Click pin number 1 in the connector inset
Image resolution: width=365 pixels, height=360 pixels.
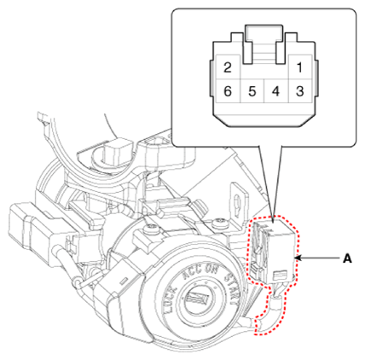299,67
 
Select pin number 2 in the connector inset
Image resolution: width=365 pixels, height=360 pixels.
228,67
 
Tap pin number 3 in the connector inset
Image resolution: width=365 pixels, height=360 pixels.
300,91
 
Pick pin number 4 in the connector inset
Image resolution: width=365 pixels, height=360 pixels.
276,91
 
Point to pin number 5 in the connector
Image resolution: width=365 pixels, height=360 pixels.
252,91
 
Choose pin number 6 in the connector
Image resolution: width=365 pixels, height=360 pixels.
228,91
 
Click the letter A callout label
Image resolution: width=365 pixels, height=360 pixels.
347,258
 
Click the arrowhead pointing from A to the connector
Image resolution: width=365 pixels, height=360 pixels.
298,258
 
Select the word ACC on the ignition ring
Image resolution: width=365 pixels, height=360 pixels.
193,273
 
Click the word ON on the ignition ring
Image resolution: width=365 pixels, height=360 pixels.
211,270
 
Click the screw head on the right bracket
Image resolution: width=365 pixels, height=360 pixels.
221,224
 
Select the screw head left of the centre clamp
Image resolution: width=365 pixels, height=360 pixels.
152,229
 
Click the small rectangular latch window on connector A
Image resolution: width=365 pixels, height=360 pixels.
279,275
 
